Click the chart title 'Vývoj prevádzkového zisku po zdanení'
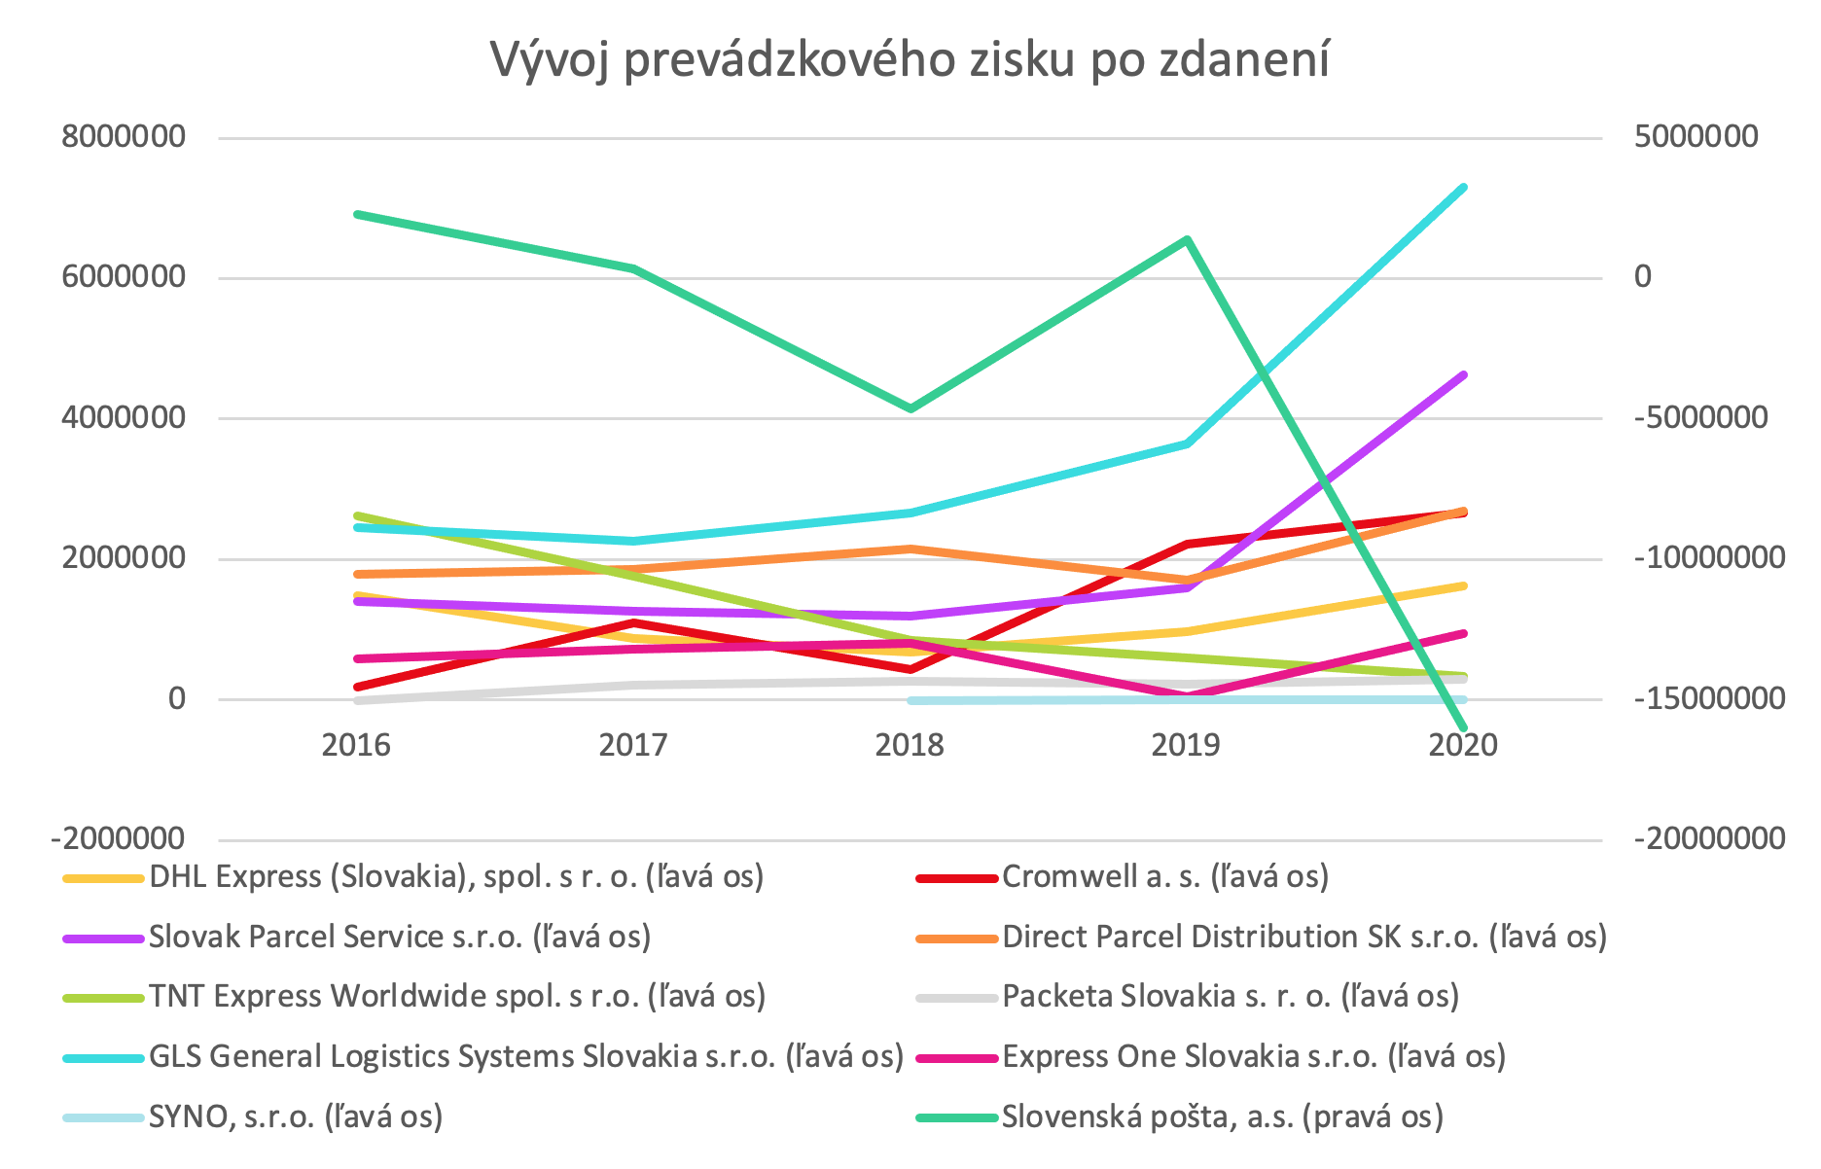pos(910,60)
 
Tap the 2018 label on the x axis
pos(910,745)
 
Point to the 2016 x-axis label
pos(356,745)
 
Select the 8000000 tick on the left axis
pos(124,136)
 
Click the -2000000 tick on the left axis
pos(119,838)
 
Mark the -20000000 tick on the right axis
pos(1709,838)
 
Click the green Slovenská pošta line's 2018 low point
pos(910,408)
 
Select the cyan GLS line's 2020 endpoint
pos(1463,187)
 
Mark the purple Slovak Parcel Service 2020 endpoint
pos(1463,374)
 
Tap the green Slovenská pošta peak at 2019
pos(1187,239)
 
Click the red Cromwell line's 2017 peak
pos(633,622)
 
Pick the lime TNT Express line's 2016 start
pos(358,515)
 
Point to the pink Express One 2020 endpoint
pos(1463,633)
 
